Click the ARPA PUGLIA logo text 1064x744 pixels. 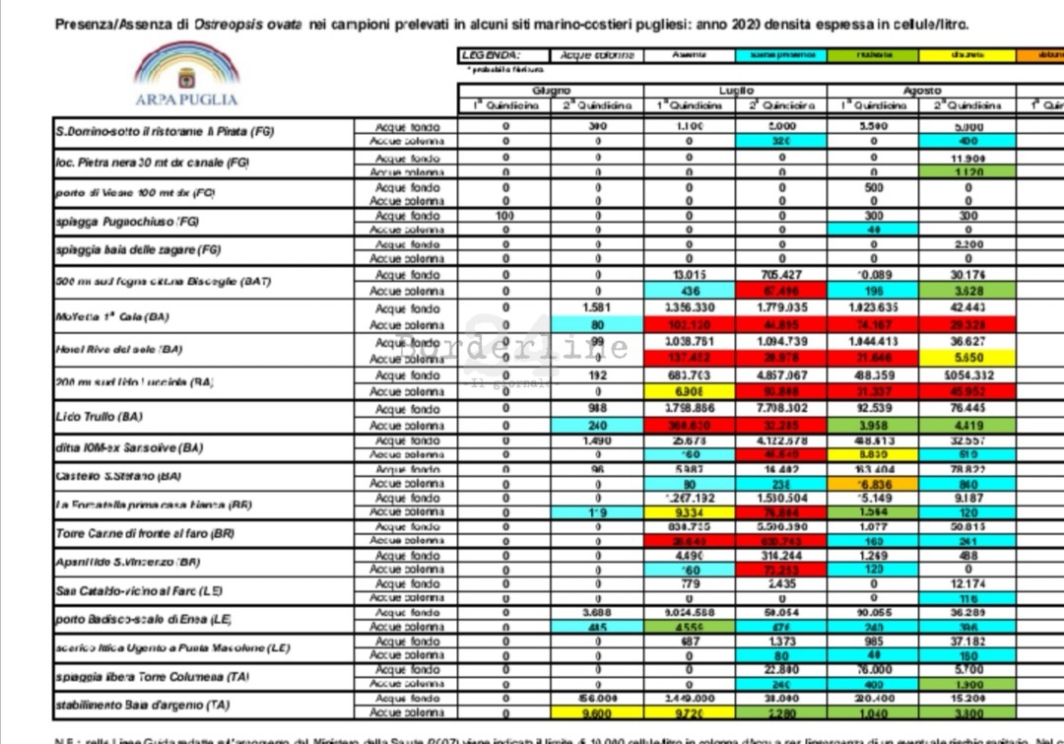(186, 100)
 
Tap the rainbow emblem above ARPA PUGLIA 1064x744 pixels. (187, 66)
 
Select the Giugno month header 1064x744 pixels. (551, 91)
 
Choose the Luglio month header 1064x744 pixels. (735, 91)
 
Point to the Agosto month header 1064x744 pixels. (922, 91)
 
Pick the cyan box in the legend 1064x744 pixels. (781, 55)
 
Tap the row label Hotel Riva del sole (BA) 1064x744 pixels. (119, 350)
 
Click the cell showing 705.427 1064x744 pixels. (781, 275)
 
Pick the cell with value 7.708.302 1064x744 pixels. (781, 409)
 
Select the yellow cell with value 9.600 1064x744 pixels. (597, 712)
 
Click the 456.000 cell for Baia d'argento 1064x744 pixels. (597, 698)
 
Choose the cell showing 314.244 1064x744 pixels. (781, 555)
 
